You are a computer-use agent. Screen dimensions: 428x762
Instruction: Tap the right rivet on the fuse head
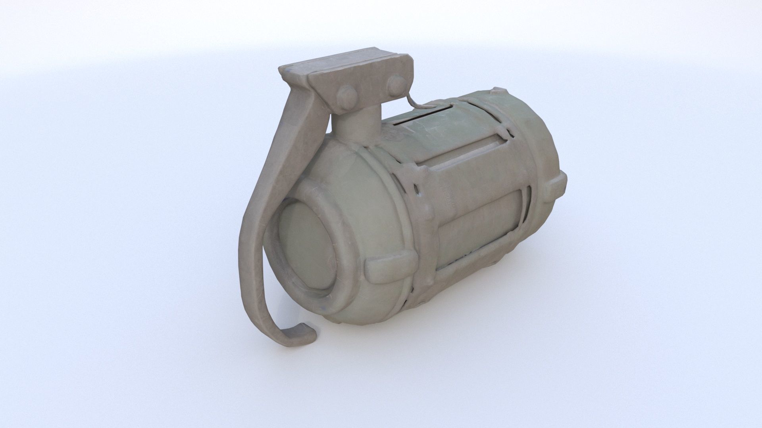coord(396,85)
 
